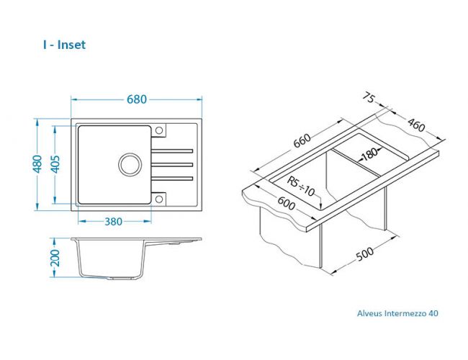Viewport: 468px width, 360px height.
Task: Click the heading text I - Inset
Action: click(x=64, y=45)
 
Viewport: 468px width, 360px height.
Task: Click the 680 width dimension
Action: click(x=136, y=99)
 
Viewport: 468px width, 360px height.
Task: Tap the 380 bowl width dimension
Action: click(x=112, y=221)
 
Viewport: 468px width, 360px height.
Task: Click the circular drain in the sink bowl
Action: click(x=130, y=164)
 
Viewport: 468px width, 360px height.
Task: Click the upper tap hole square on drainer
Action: click(x=160, y=130)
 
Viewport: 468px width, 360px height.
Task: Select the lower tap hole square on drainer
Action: click(x=160, y=199)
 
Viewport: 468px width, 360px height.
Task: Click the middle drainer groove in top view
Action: click(x=174, y=165)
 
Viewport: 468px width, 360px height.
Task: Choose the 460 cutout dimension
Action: click(x=415, y=125)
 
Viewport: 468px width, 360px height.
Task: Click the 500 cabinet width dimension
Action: click(x=365, y=256)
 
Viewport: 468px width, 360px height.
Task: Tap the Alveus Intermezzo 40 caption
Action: click(x=397, y=313)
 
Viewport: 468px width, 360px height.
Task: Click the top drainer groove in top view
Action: click(x=174, y=150)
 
